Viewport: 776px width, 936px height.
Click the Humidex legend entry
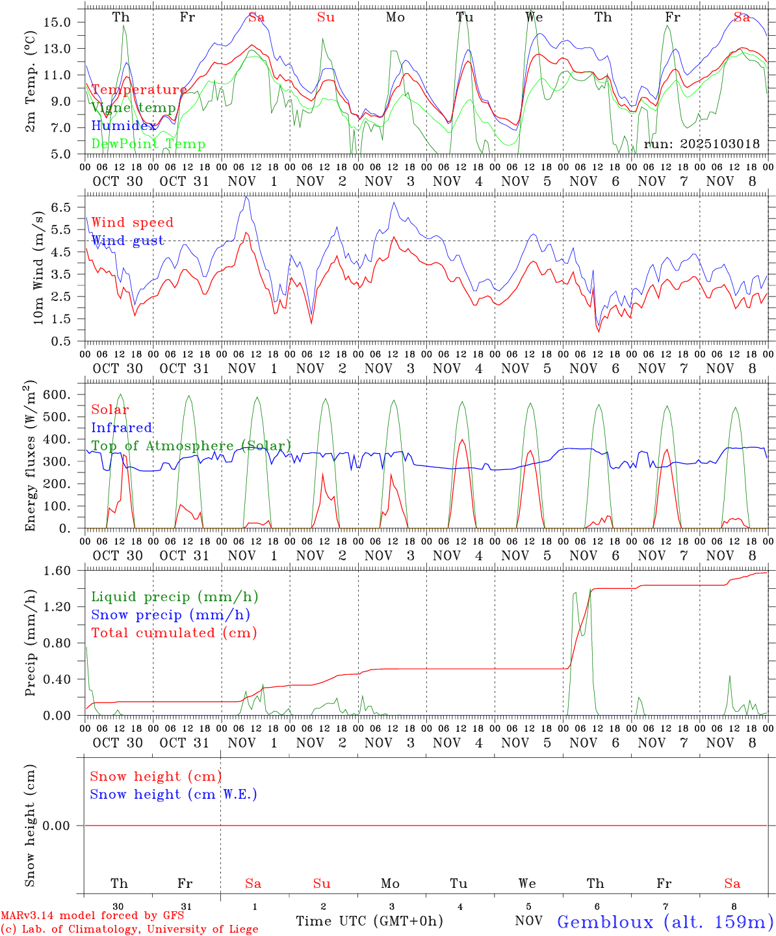coord(123,126)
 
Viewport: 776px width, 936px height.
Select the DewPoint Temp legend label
coord(148,144)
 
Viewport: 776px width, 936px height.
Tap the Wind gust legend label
coord(127,241)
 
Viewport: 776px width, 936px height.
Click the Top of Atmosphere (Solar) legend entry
coord(191,446)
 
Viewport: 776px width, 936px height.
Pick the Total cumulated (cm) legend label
coord(174,633)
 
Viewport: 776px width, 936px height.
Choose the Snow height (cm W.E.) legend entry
coord(174,794)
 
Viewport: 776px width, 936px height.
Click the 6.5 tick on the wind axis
coord(60,207)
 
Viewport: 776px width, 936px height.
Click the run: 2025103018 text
coord(701,144)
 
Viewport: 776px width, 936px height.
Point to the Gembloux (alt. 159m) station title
coord(665,921)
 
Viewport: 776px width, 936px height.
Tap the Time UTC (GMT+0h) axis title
coord(369,921)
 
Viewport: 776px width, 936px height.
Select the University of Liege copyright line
coord(129,929)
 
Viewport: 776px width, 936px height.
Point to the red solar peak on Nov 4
coord(462,440)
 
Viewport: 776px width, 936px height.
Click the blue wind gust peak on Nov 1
coord(246,196)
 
